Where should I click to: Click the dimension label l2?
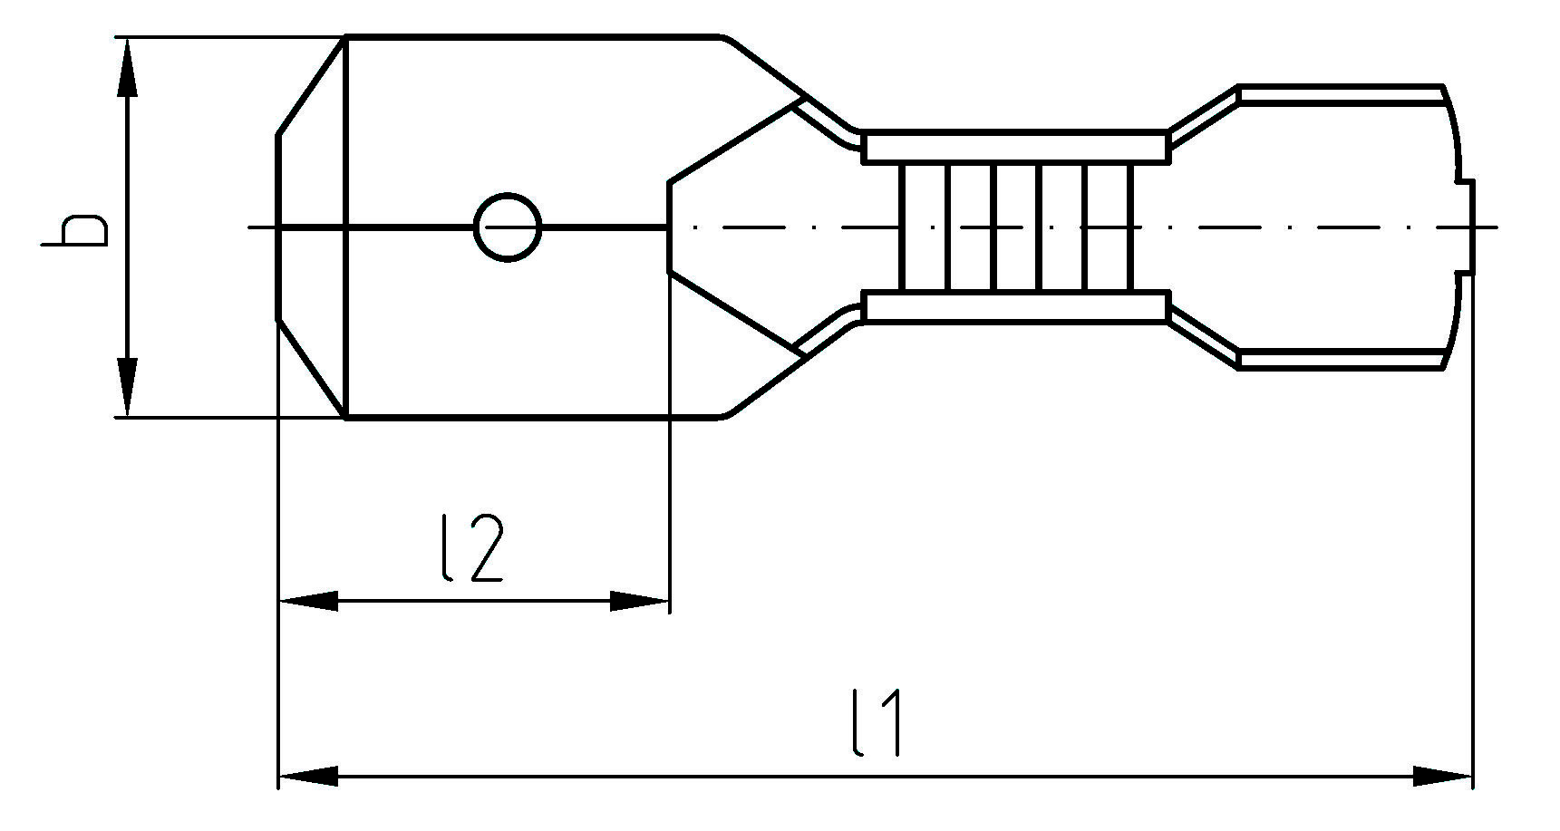[470, 548]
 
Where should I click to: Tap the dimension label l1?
[877, 722]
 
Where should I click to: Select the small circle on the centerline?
[508, 227]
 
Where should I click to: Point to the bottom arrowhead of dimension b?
[128, 388]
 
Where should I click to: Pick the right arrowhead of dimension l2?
[640, 601]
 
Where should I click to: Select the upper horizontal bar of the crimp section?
[1013, 147]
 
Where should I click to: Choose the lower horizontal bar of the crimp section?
[1013, 307]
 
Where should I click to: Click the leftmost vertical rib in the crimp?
[902, 227]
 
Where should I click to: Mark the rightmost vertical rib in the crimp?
[1129, 227]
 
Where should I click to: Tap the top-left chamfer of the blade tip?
[311, 87]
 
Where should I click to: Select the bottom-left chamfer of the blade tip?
[311, 367]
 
